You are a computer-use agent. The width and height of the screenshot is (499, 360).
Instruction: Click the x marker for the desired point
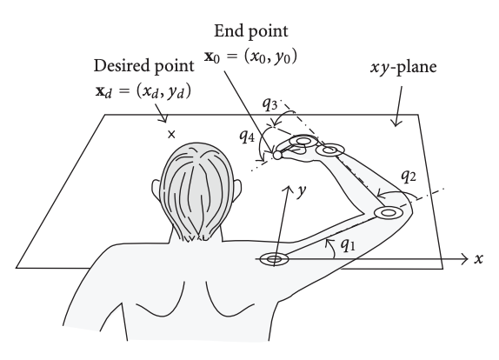[x=171, y=134]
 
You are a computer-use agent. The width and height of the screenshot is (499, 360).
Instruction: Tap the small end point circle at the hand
[x=277, y=155]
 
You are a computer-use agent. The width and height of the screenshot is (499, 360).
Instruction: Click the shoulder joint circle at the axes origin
[x=274, y=259]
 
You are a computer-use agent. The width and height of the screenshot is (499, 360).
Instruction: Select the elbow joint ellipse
[x=388, y=212]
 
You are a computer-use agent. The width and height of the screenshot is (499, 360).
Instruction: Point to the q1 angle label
[x=348, y=244]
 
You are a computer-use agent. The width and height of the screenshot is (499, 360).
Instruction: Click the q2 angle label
[x=409, y=176]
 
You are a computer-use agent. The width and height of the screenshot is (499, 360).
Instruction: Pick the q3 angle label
[x=269, y=104]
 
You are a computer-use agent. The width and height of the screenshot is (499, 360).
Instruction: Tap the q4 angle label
[x=247, y=137]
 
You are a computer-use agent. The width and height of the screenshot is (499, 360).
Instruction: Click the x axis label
[x=478, y=259]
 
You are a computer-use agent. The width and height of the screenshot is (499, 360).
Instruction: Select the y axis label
[x=301, y=190]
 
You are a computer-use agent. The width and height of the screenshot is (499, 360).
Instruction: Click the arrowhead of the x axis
[x=464, y=259]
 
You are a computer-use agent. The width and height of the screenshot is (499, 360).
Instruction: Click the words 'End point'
[x=250, y=31]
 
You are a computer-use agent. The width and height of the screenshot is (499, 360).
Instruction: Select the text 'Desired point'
[x=143, y=66]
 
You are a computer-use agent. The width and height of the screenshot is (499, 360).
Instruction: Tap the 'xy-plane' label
[x=403, y=67]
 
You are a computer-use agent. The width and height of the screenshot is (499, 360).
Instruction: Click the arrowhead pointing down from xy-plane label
[x=396, y=123]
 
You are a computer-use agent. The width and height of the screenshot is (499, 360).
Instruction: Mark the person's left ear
[x=156, y=189]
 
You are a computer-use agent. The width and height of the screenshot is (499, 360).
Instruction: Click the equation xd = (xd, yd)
[x=143, y=91]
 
